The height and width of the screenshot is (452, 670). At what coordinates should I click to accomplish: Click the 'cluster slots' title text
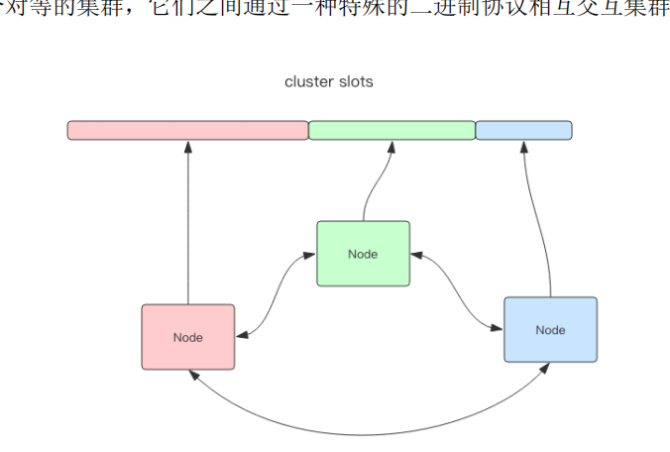pos(328,82)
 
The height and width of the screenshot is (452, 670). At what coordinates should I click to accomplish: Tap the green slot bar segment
pos(391,130)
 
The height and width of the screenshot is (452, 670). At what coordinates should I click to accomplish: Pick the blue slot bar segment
pos(523,130)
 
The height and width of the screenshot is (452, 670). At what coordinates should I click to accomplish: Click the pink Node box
pos(188,337)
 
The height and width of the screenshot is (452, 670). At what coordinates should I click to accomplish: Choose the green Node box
pos(363,254)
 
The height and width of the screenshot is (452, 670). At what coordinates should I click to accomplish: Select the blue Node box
pos(550,330)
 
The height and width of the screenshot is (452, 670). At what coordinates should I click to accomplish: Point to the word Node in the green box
pos(363,254)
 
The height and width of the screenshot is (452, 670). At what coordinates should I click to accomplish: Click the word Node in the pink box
pos(188,337)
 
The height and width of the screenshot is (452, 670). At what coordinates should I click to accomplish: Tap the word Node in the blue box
pos(550,330)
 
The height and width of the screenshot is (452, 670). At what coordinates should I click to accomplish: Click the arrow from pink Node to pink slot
pos(187,228)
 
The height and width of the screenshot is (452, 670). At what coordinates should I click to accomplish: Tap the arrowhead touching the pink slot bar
pos(187,147)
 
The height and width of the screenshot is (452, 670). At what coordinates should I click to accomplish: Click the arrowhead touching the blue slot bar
pos(524,147)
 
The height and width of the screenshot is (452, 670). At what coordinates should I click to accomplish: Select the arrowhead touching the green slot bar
pos(391,147)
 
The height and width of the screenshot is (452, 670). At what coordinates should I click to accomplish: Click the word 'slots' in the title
pos(355,82)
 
